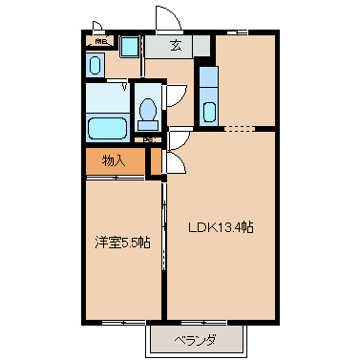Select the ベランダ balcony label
tap(195, 340)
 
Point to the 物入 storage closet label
tap(114, 160)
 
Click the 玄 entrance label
tap(177, 44)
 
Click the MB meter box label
tap(98, 42)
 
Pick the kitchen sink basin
tap(210, 110)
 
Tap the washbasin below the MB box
tap(94, 65)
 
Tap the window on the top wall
tap(244, 32)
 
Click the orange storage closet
tap(115, 161)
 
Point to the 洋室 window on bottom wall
tap(121, 322)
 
